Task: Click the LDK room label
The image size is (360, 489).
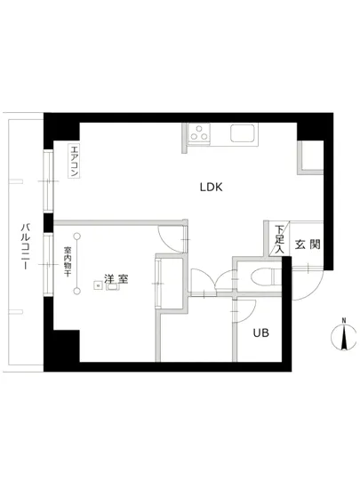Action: pos(210,188)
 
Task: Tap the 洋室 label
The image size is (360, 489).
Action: pos(115,279)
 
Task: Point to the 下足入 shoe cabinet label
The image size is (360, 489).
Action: pos(280,238)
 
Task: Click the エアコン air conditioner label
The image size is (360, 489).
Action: pos(76,162)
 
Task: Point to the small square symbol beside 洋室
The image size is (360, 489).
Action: pos(112,290)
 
